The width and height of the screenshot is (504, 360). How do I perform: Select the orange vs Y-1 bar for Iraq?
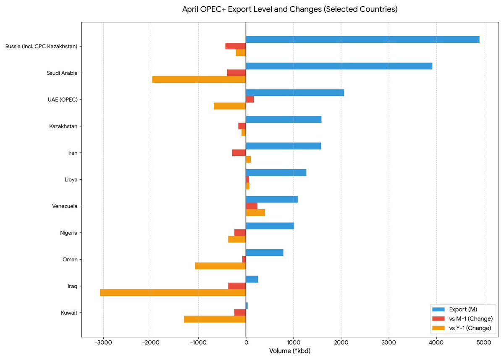[173, 292]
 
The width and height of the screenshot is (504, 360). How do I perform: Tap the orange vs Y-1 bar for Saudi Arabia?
[199, 79]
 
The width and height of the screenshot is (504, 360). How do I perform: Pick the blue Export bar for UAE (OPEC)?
[295, 93]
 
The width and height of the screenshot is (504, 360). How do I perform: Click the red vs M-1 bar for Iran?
[239, 153]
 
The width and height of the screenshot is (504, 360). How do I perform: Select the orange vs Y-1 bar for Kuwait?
[215, 319]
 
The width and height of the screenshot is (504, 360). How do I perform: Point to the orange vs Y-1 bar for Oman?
[220, 266]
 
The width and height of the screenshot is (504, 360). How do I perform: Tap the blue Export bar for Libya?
[276, 173]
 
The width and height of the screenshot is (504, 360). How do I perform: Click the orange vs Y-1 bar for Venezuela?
[255, 213]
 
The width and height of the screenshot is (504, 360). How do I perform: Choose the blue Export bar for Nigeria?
[270, 226]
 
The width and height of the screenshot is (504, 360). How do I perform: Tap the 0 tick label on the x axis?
[246, 343]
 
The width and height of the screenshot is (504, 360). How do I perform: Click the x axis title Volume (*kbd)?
[289, 351]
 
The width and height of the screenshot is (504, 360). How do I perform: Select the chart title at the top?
[289, 9]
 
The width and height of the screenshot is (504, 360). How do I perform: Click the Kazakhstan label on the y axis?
[63, 126]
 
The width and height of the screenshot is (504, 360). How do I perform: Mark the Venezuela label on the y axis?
[65, 206]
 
